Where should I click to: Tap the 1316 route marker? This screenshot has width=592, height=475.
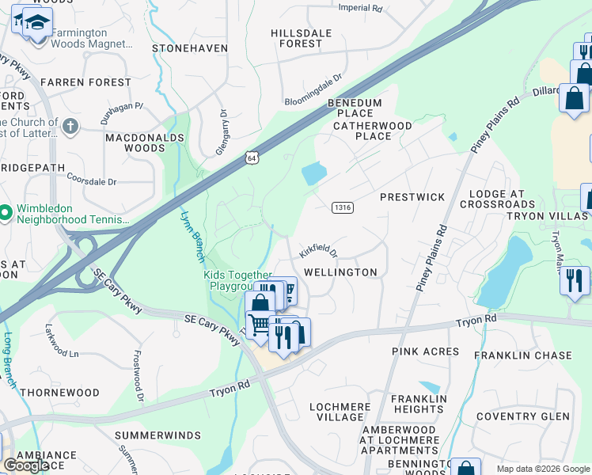click(342, 207)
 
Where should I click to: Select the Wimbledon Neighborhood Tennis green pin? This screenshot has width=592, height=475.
click(6, 212)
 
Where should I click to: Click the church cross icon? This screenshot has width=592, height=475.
click(70, 126)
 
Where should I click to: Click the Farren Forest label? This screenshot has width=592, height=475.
click(85, 82)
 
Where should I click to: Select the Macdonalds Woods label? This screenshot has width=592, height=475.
click(135, 142)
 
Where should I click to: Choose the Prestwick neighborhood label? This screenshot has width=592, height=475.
click(412, 196)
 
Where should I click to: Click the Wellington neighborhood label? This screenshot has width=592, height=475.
click(341, 272)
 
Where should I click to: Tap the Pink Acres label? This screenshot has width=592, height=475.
click(425, 351)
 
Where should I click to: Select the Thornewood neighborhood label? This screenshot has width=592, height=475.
click(60, 393)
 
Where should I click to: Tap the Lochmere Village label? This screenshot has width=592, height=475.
click(340, 412)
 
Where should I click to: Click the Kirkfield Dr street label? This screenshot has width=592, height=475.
click(318, 252)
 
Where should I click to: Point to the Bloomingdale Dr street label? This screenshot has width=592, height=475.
click(313, 91)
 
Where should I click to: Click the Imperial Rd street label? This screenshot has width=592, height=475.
click(360, 8)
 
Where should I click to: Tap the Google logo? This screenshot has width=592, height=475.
click(25, 465)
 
